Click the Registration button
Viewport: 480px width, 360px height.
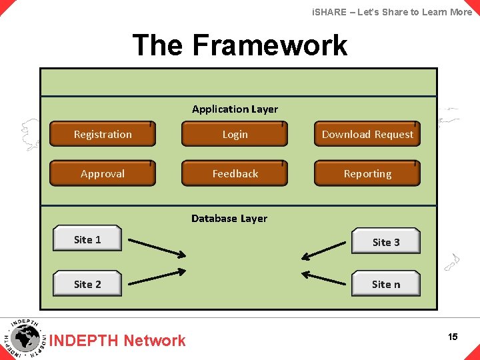(x=103, y=134)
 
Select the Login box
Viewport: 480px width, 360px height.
(x=235, y=134)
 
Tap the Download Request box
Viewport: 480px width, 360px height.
(x=367, y=134)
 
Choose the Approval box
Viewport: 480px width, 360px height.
(x=103, y=173)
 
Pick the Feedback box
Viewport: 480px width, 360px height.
(x=235, y=173)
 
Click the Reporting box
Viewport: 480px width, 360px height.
(x=367, y=173)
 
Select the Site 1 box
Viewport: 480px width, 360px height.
(x=87, y=239)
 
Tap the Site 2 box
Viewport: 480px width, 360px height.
(x=87, y=284)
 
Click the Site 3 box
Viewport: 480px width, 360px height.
(x=386, y=242)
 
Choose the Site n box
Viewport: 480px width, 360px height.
(x=386, y=284)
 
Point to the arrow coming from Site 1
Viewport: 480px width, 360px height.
(x=157, y=247)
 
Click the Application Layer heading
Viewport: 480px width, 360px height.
(x=235, y=109)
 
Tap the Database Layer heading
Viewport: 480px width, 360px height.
(x=229, y=218)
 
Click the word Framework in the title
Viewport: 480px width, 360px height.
(x=269, y=45)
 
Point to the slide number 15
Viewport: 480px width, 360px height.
(x=453, y=337)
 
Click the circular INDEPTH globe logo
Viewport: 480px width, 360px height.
(x=25, y=338)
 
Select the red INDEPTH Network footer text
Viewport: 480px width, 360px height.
(x=118, y=341)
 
